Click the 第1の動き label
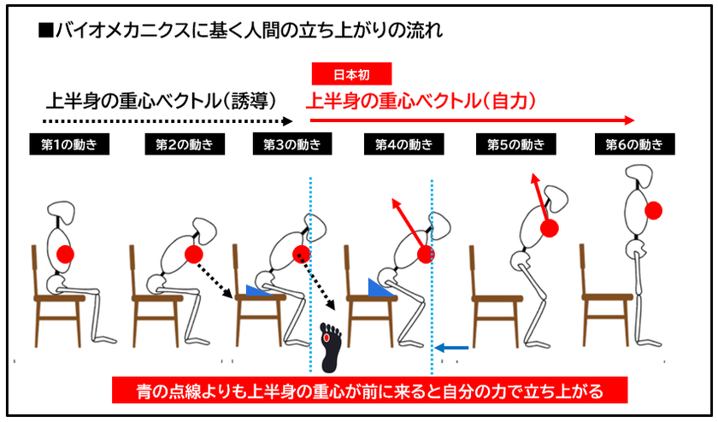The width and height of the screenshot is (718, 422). point(69,144)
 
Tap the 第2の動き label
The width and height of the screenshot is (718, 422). point(185,144)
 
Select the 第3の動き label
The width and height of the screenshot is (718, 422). point(292,144)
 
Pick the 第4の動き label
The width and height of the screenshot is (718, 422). point(403,144)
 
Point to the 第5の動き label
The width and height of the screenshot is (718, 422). point(516,144)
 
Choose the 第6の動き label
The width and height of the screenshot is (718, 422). point(634,144)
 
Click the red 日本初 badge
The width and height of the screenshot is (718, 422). point(351,74)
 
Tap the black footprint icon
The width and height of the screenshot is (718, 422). point(331,347)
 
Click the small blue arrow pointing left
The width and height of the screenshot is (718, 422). point(451,348)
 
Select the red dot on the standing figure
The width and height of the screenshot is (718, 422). point(653,210)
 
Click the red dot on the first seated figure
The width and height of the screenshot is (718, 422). point(65,254)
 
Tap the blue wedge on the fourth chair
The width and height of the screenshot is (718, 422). point(380,288)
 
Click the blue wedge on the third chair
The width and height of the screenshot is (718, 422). point(258,290)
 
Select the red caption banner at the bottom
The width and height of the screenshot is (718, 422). point(369,390)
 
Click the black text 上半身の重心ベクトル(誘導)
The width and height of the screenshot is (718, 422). point(162,101)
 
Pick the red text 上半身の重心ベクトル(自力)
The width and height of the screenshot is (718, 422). point(421,101)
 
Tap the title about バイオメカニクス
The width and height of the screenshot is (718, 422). point(241,31)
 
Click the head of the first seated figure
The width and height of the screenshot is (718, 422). point(61,213)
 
